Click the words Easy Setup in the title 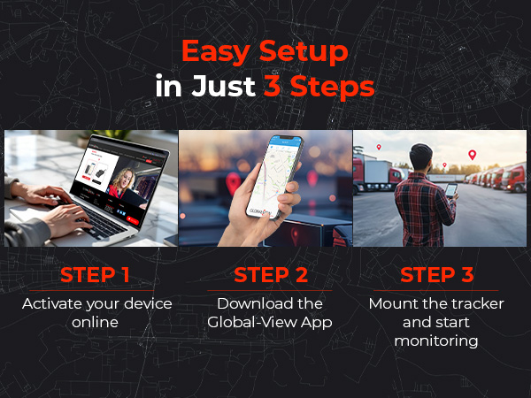pos(265,51)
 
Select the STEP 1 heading pos(91,275)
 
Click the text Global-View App pos(270,323)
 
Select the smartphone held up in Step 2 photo pos(273,172)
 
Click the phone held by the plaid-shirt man pos(451,190)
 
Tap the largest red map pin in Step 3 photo pos(472,155)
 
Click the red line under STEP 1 pos(91,290)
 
